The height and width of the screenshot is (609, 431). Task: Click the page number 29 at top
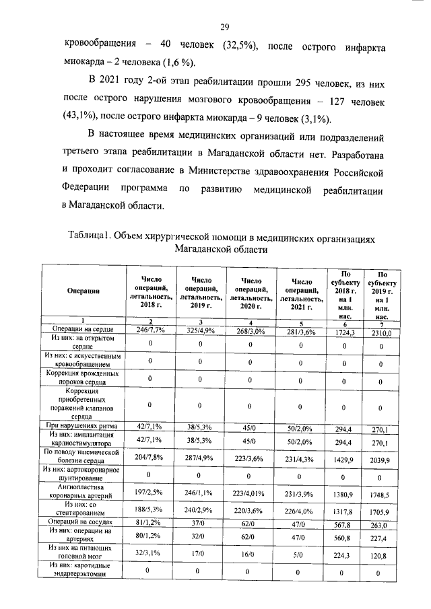click(x=225, y=27)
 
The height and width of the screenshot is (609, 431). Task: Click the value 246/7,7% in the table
click(x=151, y=329)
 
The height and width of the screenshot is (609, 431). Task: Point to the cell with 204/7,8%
click(x=151, y=457)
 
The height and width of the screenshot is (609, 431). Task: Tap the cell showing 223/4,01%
click(x=250, y=493)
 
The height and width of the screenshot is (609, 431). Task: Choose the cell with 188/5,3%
click(x=151, y=510)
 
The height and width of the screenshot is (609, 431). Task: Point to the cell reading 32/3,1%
click(x=151, y=554)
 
